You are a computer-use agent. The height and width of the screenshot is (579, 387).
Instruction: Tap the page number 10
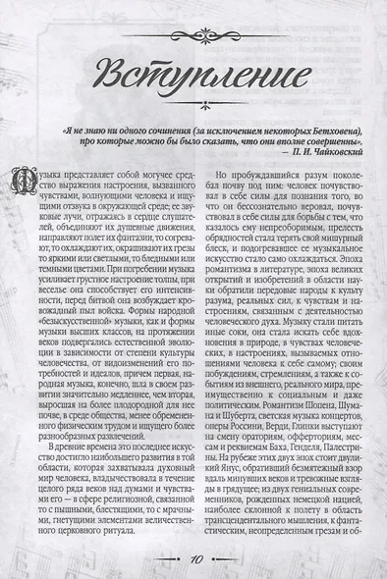195,557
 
